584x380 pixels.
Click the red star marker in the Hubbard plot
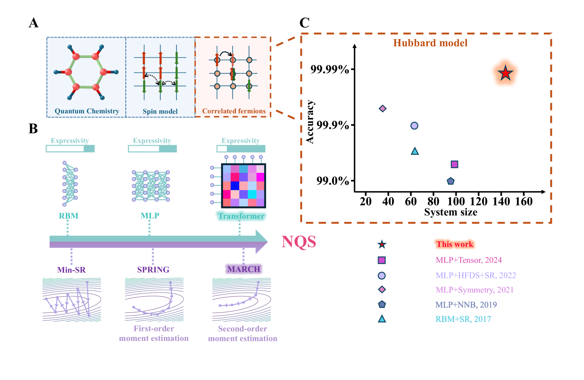pos(505,73)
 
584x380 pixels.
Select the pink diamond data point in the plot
pos(383,108)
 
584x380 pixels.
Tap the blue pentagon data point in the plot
pos(450,181)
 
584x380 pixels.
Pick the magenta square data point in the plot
pos(454,164)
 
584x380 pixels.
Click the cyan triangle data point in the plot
pos(415,151)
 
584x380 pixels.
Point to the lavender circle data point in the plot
pos(414,126)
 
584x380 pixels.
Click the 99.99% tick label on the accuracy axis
pos(330,69)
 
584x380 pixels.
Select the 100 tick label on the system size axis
pos(456,201)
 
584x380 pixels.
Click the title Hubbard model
pos(430,43)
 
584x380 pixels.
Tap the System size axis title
pos(450,212)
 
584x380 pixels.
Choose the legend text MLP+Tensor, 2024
pos(469,260)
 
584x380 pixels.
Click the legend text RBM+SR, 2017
pos(463,319)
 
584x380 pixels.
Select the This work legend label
pos(455,244)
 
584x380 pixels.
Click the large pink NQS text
pos(299,242)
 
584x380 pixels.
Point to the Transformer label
pos(241,216)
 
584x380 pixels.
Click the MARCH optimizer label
pos(244,269)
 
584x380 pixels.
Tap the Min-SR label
pos(71,270)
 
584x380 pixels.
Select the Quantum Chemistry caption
pos(87,111)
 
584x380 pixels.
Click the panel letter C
pos(304,23)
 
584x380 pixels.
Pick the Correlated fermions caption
pos(234,111)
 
